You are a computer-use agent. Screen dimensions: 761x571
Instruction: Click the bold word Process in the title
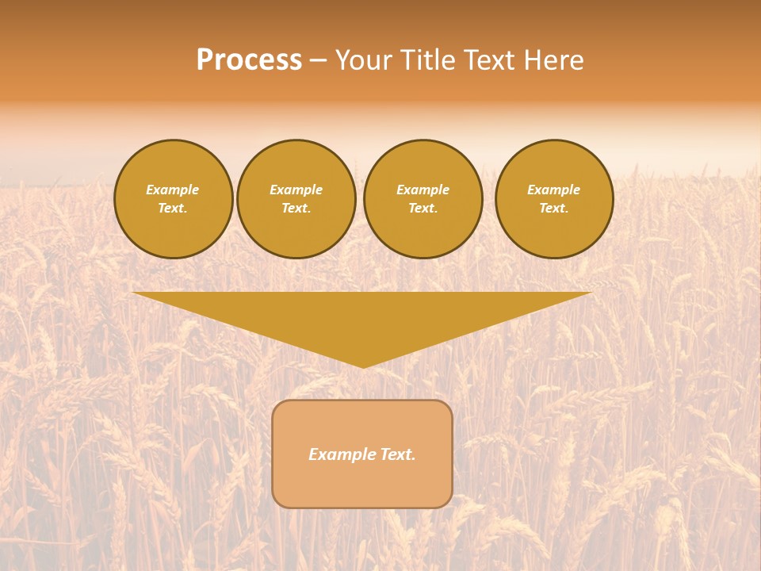(249, 60)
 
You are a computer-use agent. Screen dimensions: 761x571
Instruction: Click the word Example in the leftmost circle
(173, 190)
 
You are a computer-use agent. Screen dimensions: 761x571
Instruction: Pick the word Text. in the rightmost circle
(554, 208)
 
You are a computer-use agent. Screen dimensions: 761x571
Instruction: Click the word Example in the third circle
(423, 190)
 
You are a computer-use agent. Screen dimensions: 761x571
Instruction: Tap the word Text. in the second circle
(296, 208)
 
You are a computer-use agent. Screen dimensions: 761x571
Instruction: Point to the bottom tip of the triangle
(363, 366)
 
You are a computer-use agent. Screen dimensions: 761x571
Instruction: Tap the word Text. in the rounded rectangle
(396, 454)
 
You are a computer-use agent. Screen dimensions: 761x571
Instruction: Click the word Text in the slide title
(491, 60)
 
